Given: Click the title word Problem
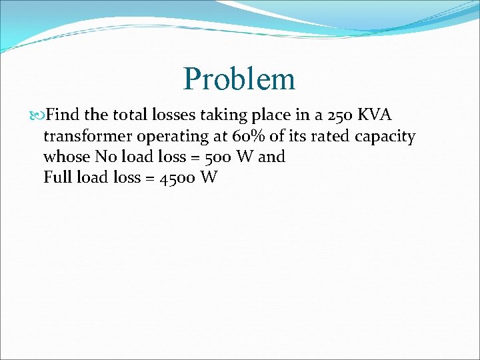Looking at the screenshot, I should click(239, 79).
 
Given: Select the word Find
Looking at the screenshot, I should click(63, 115).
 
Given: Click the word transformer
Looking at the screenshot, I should click(88, 137).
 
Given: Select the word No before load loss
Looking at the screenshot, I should click(104, 157).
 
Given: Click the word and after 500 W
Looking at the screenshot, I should click(271, 157).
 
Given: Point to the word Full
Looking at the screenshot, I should click(58, 178).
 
